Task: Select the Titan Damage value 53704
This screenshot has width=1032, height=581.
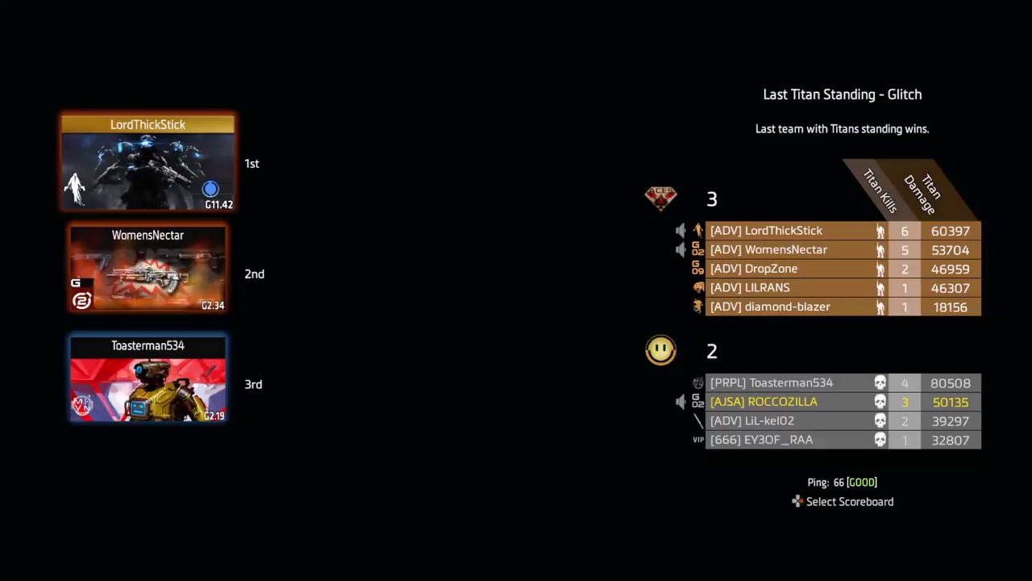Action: pos(950,250)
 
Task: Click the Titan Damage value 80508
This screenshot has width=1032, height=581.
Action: pos(950,383)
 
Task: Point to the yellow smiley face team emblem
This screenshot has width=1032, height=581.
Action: pos(660,350)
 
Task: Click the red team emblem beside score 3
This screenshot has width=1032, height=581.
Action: pos(660,197)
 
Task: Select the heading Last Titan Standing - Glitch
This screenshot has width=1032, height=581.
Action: pos(842,94)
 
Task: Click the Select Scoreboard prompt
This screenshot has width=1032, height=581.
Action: pos(849,502)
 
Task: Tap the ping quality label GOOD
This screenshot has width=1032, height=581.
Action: pos(861,483)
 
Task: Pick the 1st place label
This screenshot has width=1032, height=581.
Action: pos(252,164)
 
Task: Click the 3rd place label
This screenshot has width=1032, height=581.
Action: pos(253,385)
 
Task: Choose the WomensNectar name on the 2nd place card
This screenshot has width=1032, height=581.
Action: pos(148,236)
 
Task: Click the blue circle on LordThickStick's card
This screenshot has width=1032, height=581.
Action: pos(210,189)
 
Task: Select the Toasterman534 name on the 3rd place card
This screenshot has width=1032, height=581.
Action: pos(148,346)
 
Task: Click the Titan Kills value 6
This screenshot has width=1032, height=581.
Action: pos(905,231)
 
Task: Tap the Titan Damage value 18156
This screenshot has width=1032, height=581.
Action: pos(950,307)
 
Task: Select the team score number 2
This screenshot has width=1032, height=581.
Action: pos(712,351)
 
